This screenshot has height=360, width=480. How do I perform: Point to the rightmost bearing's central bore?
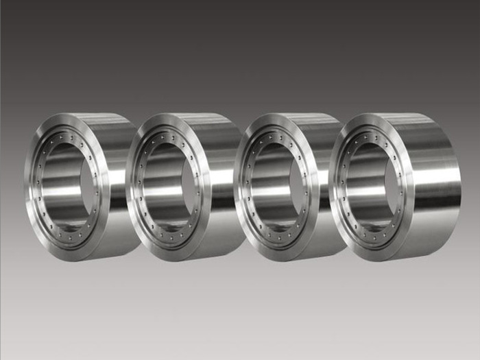370,185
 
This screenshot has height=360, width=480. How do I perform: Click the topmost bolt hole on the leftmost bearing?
67,132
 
